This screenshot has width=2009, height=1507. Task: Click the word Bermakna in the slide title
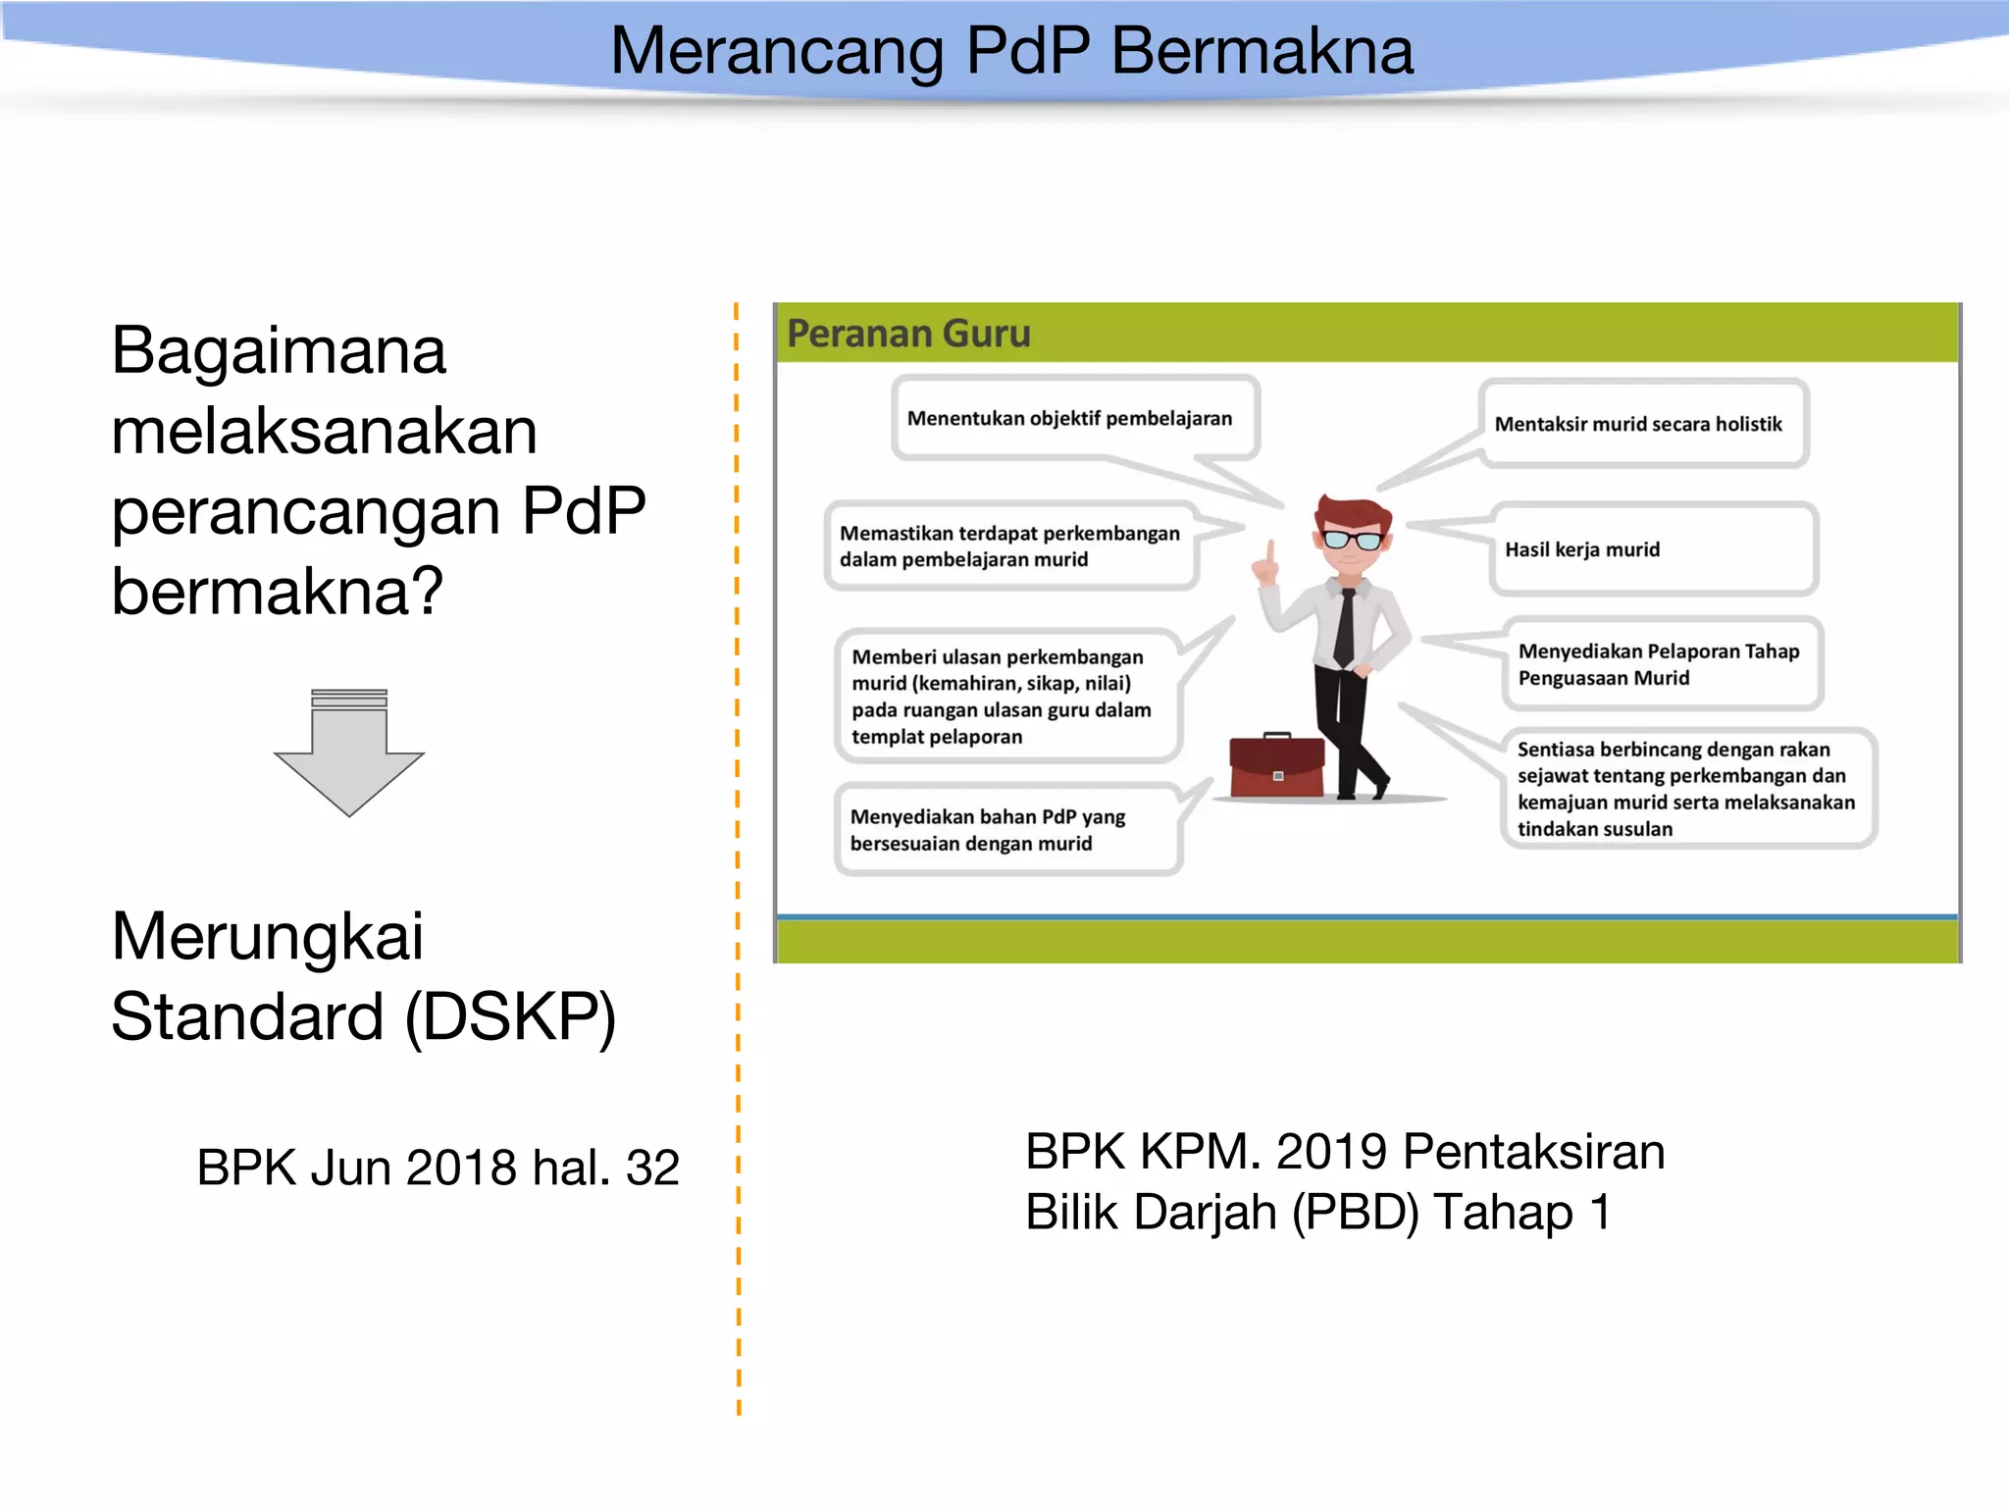pyautogui.click(x=1262, y=51)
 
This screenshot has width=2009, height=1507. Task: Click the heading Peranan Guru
pyautogui.click(x=908, y=334)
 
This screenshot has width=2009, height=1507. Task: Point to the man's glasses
pyautogui.click(x=1354, y=539)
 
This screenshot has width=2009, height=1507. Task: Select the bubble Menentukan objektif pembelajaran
pyautogui.click(x=1069, y=419)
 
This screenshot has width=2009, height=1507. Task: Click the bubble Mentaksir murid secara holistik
pyautogui.click(x=1638, y=424)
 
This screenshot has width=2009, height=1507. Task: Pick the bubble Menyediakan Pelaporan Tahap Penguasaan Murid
pyautogui.click(x=1659, y=664)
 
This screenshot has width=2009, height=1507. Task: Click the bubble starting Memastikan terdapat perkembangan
pyautogui.click(x=1009, y=546)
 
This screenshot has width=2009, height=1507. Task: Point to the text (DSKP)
pyautogui.click(x=510, y=1017)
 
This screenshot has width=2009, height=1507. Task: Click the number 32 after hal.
pyautogui.click(x=652, y=1168)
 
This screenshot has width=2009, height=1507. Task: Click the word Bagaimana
pyautogui.click(x=279, y=351)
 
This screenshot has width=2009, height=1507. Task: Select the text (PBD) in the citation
pyautogui.click(x=1355, y=1213)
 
